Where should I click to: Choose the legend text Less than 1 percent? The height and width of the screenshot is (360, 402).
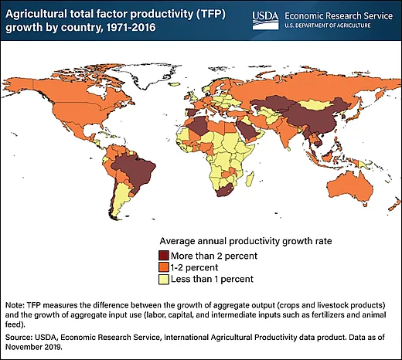pos(214,278)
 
